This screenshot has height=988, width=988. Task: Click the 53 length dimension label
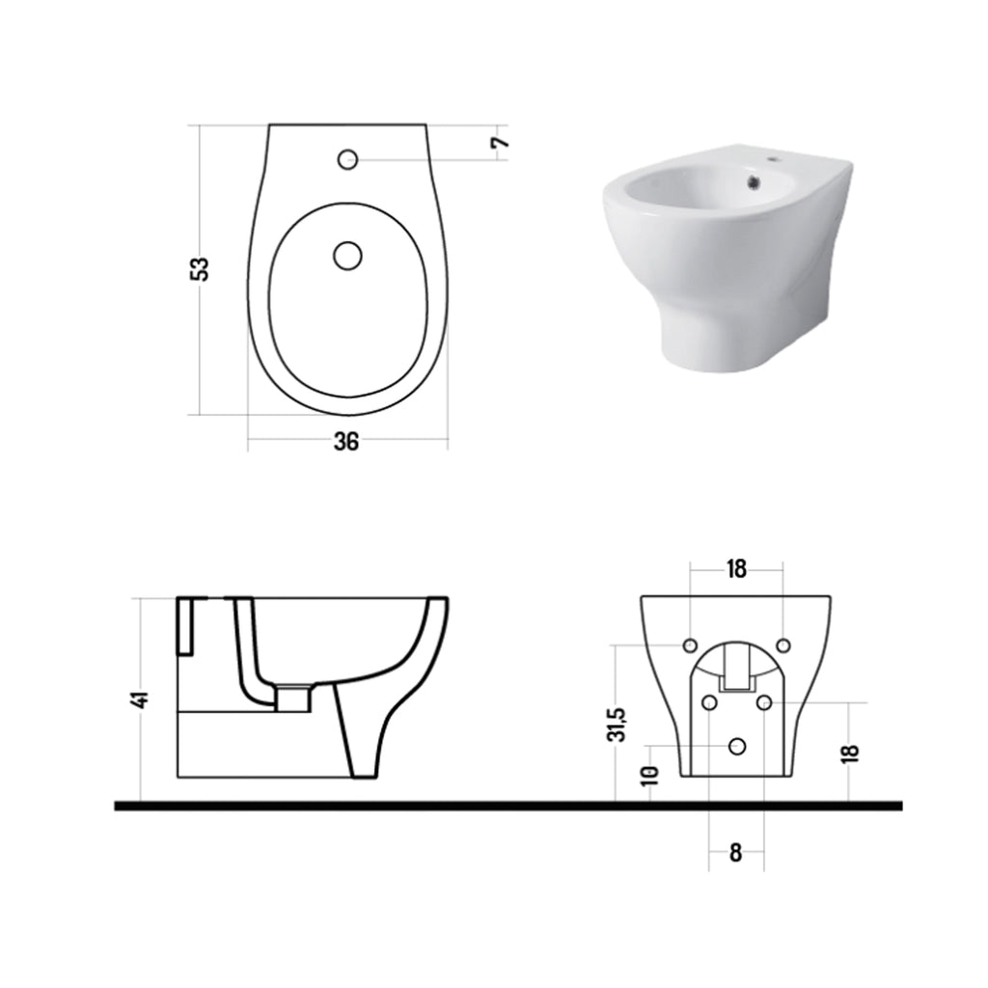click(200, 268)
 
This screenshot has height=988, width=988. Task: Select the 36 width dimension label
click(346, 442)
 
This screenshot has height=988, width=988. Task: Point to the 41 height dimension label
click(141, 700)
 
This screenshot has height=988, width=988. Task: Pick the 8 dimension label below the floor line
click(736, 853)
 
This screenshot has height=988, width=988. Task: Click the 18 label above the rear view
click(736, 569)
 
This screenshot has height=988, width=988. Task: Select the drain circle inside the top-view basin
click(347, 255)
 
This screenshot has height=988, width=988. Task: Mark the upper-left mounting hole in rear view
click(690, 645)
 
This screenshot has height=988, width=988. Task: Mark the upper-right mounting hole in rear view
click(783, 645)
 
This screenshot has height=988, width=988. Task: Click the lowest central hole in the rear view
click(738, 746)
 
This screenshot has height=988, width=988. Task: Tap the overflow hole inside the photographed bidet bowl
click(755, 179)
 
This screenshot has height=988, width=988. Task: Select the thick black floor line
click(508, 806)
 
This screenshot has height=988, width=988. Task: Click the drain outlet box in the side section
click(292, 696)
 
